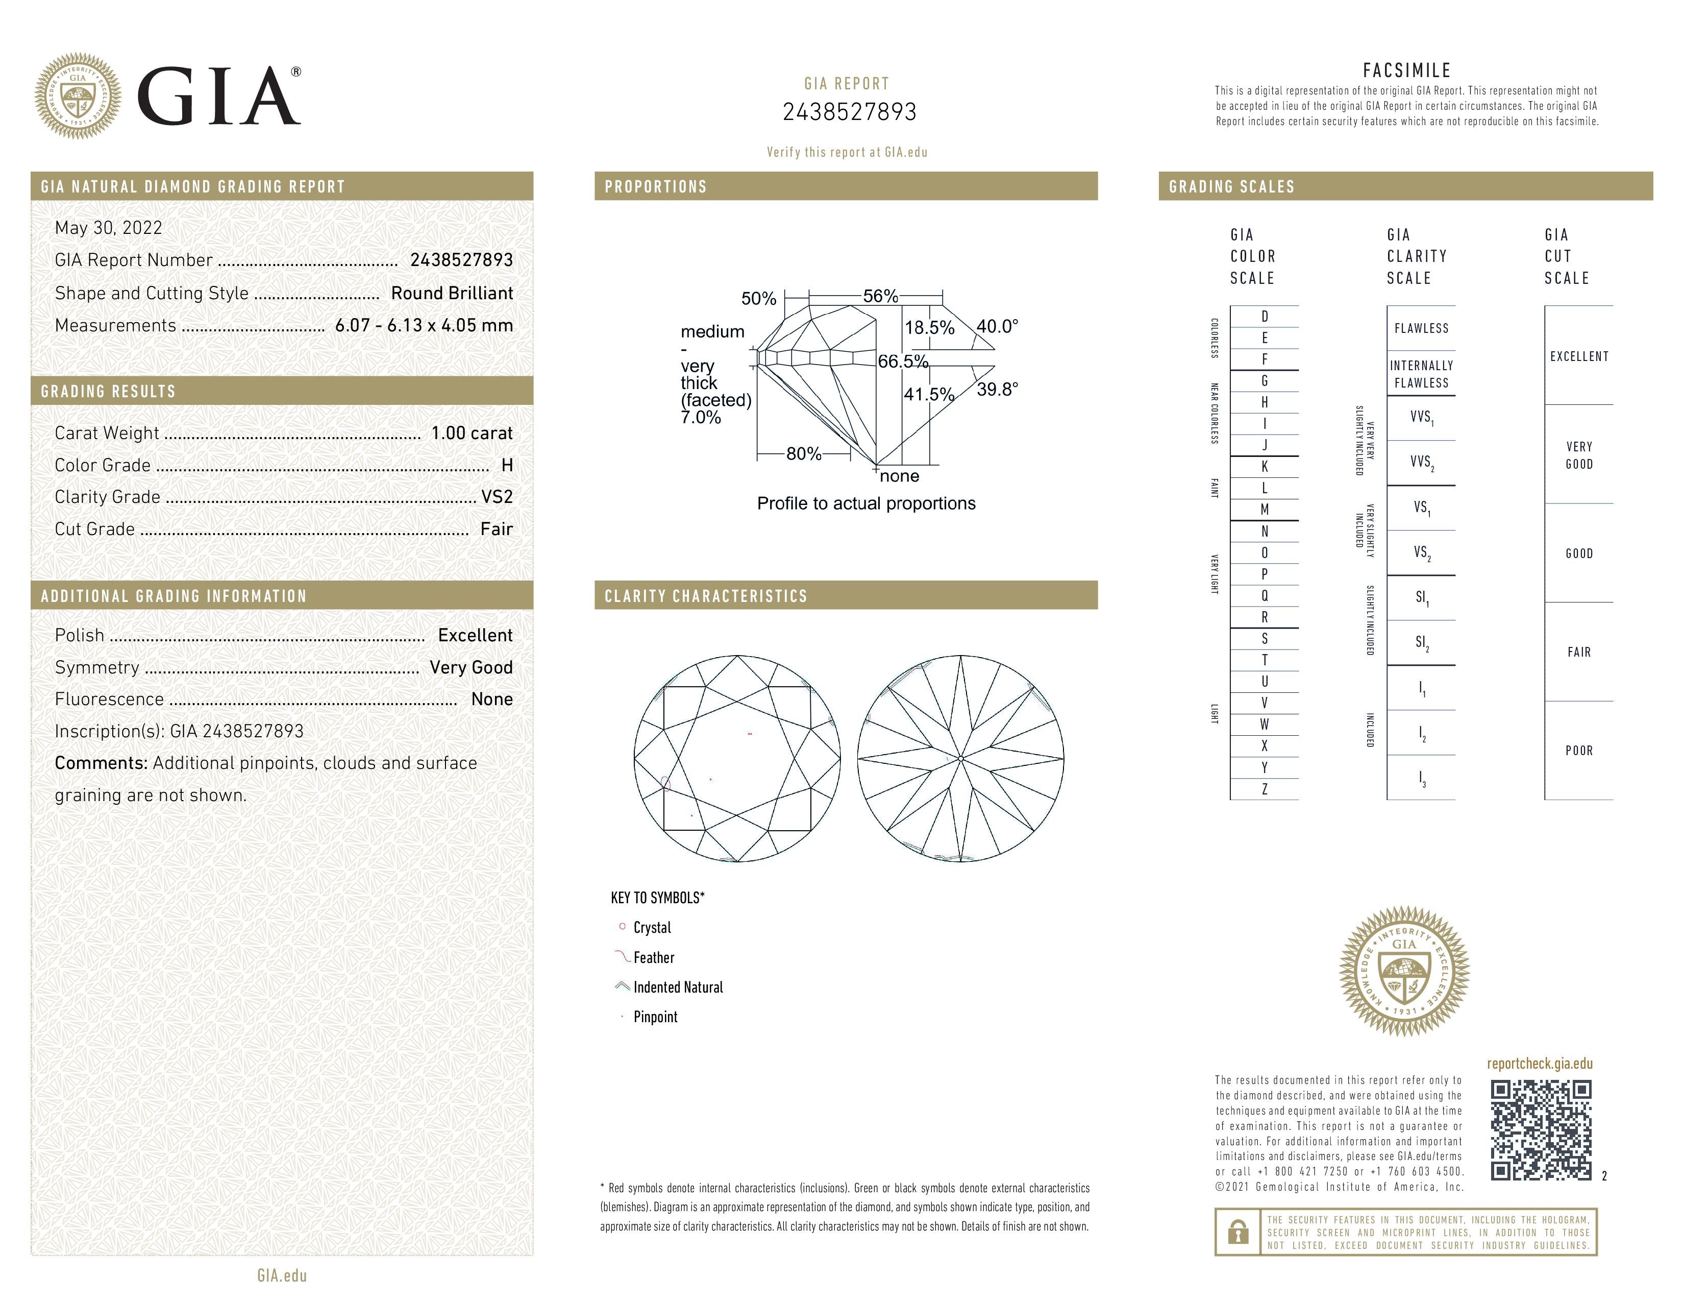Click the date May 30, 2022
(x=109, y=228)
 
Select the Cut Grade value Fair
(x=496, y=529)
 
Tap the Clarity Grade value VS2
(x=497, y=497)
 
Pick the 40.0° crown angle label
(x=997, y=326)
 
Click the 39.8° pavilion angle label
(x=997, y=390)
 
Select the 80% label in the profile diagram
(x=803, y=454)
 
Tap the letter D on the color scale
(x=1265, y=316)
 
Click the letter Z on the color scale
(x=1265, y=789)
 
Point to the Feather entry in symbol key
(x=653, y=957)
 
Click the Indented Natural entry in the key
(x=677, y=987)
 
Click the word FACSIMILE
(x=1406, y=70)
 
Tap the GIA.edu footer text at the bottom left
(x=282, y=1276)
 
